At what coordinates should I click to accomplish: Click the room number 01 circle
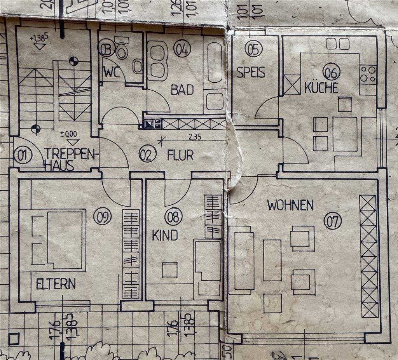click(x=23, y=156)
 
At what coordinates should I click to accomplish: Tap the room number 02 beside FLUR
click(x=147, y=155)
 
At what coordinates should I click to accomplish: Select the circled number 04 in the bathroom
click(x=182, y=49)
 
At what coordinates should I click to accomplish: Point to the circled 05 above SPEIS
click(x=253, y=49)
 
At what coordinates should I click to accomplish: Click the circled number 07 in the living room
click(x=333, y=221)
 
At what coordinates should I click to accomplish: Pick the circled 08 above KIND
click(x=173, y=217)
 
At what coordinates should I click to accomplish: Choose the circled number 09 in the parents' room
click(x=102, y=216)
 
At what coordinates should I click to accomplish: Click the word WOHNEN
click(x=290, y=205)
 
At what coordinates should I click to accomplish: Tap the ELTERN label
click(x=56, y=284)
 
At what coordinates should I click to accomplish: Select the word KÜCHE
click(x=321, y=88)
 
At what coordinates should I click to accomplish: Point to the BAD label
click(x=182, y=90)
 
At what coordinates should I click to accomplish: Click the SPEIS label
click(x=251, y=72)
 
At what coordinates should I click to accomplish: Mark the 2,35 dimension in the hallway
click(x=194, y=137)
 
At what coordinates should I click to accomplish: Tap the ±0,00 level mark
click(x=69, y=134)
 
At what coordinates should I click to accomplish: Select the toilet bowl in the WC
click(x=122, y=50)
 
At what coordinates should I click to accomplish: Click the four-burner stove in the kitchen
click(x=368, y=74)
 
